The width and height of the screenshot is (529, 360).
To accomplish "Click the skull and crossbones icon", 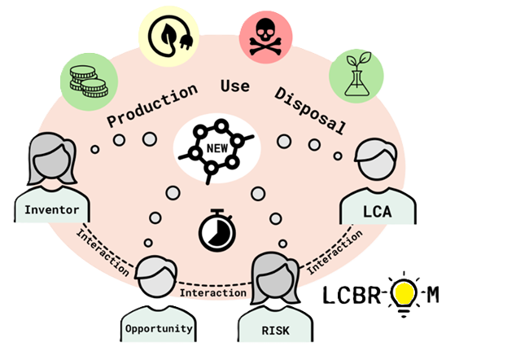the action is pyautogui.click(x=265, y=37).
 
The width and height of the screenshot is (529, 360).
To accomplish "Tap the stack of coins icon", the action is pyautogui.click(x=89, y=81).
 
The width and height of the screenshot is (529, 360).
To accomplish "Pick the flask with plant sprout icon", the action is pyautogui.click(x=357, y=73).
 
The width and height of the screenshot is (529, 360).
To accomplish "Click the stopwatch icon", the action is pyautogui.click(x=216, y=230).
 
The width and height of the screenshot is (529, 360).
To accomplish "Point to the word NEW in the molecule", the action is pyautogui.click(x=217, y=148).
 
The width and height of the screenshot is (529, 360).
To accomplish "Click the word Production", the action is pyautogui.click(x=152, y=105).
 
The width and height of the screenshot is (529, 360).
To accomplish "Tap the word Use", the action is pyautogui.click(x=235, y=86).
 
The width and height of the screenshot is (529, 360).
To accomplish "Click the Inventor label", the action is pyautogui.click(x=52, y=210).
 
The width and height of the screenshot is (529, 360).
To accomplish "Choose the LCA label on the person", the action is pyautogui.click(x=377, y=212).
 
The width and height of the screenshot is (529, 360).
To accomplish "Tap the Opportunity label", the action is pyautogui.click(x=159, y=328).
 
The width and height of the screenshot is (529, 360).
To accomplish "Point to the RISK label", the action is pyautogui.click(x=275, y=331).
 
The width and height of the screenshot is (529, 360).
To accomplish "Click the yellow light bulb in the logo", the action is pyautogui.click(x=404, y=294).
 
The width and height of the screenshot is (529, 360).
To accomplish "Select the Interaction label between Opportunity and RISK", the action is pyautogui.click(x=213, y=292).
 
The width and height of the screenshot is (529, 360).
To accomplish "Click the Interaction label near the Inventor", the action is pyautogui.click(x=103, y=252).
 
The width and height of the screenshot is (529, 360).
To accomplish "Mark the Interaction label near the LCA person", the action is pyautogui.click(x=334, y=252).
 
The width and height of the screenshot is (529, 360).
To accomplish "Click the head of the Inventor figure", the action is pyautogui.click(x=51, y=159).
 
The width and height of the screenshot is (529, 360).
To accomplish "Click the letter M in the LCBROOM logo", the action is pyautogui.click(x=433, y=295).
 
